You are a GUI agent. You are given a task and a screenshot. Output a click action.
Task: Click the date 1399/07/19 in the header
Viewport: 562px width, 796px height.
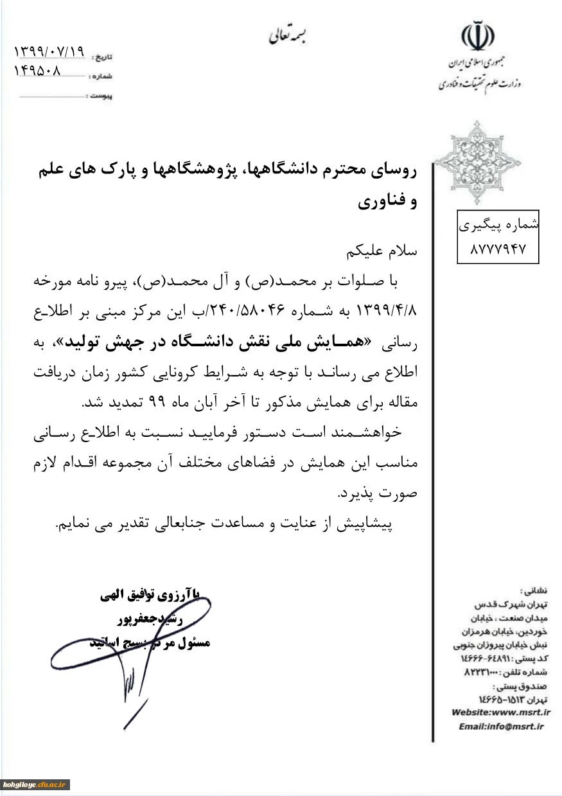49,51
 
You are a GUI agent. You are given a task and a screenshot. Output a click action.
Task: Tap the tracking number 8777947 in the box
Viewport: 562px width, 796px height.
498,249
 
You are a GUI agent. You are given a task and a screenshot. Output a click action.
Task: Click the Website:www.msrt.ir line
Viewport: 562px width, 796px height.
501,712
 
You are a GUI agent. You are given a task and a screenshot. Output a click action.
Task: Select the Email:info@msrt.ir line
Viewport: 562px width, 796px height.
502,726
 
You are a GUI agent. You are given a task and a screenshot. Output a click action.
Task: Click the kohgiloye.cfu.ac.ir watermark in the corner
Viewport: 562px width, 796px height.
36,785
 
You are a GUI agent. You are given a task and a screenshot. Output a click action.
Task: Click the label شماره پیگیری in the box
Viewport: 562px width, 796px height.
498,226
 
